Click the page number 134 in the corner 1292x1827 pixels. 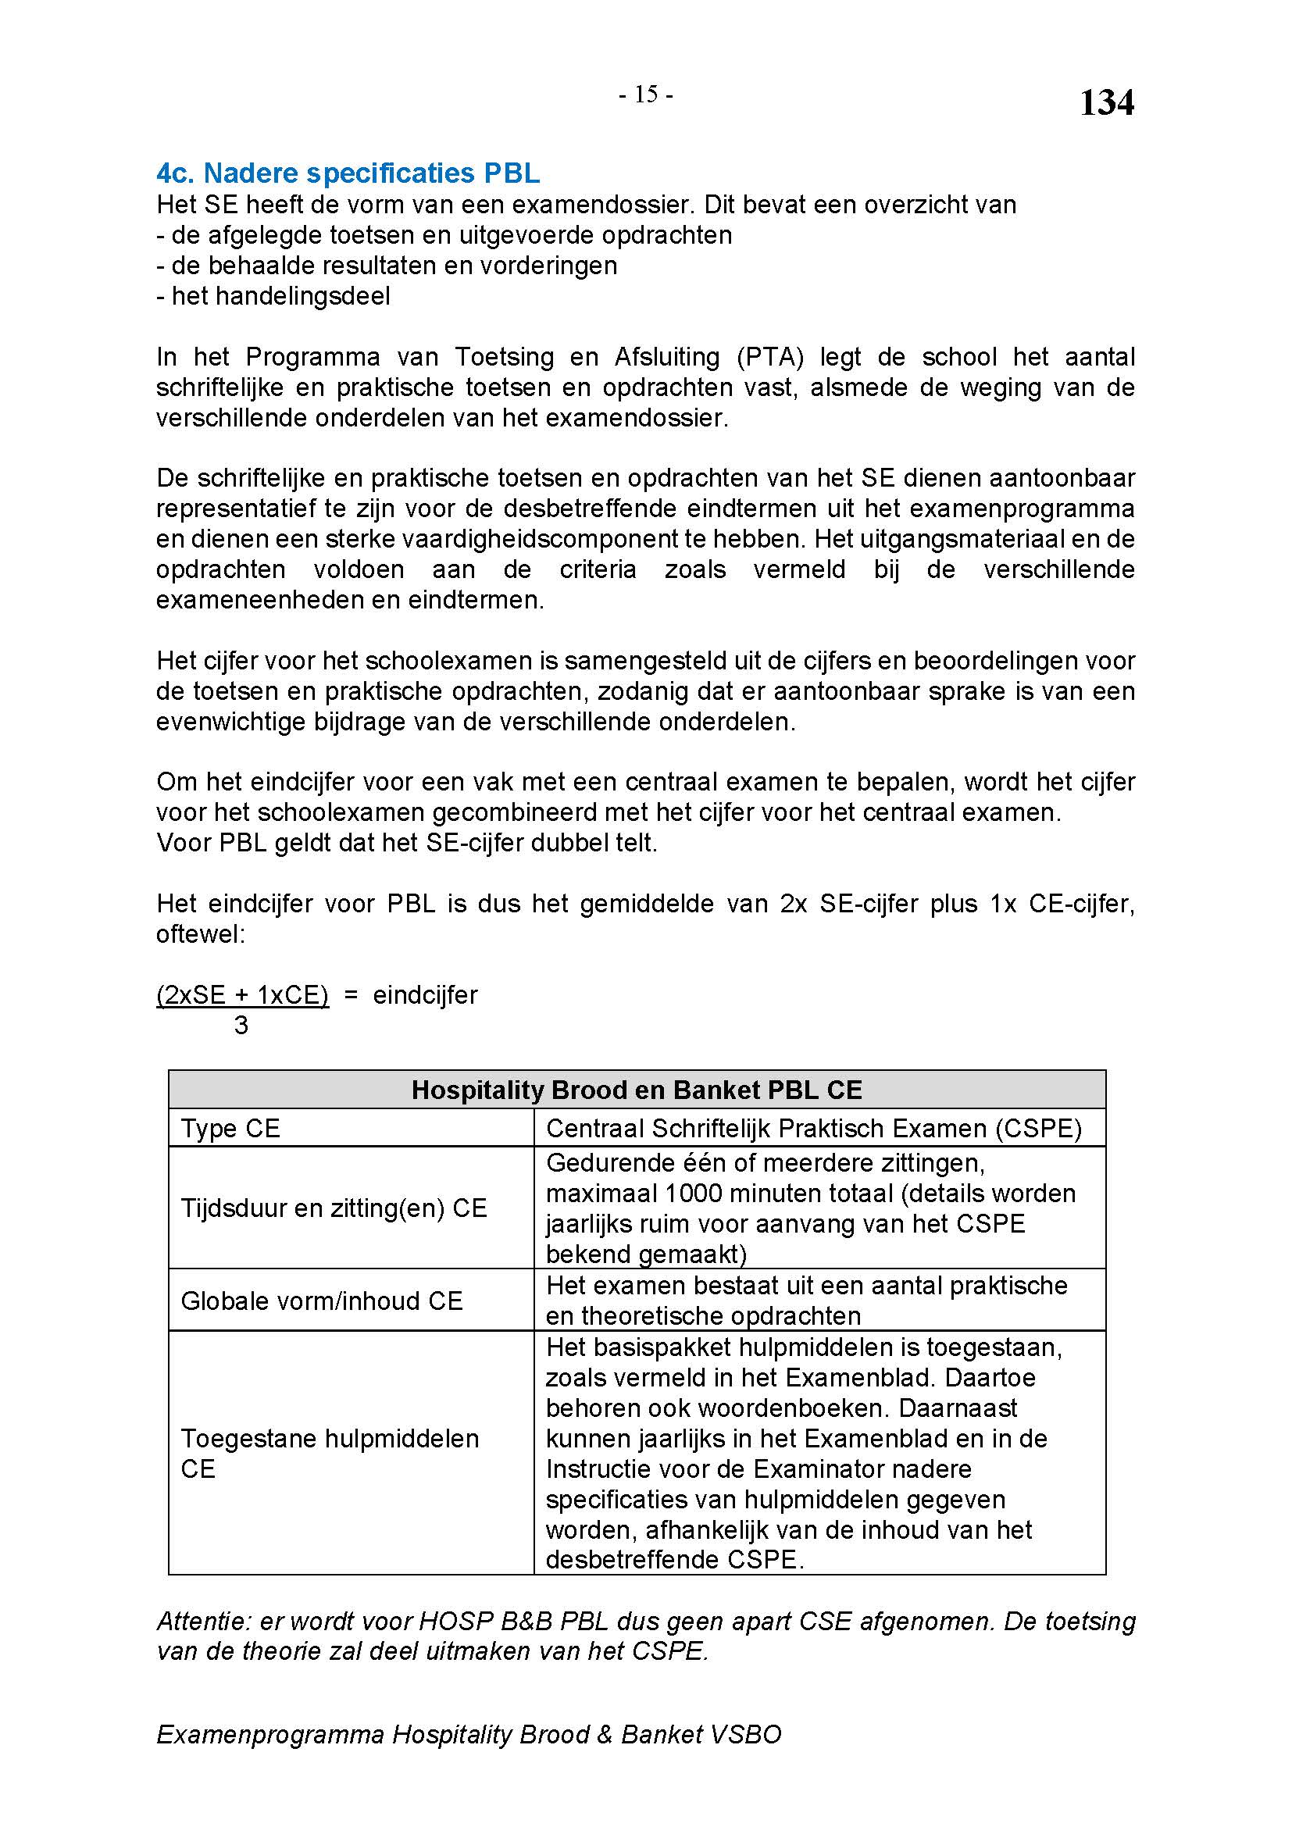click(1106, 103)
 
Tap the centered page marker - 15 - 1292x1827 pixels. click(646, 95)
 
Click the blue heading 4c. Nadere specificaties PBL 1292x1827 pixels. click(348, 173)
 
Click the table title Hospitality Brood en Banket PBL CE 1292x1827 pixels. click(637, 1090)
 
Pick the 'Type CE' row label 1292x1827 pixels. click(230, 1129)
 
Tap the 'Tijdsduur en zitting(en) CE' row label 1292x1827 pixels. click(334, 1208)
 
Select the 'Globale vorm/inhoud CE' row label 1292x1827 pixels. click(321, 1301)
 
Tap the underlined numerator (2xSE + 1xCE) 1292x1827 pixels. click(243, 995)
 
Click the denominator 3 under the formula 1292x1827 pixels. click(241, 1026)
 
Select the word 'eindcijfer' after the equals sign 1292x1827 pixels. click(425, 995)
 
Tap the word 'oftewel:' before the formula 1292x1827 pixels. click(201, 934)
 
